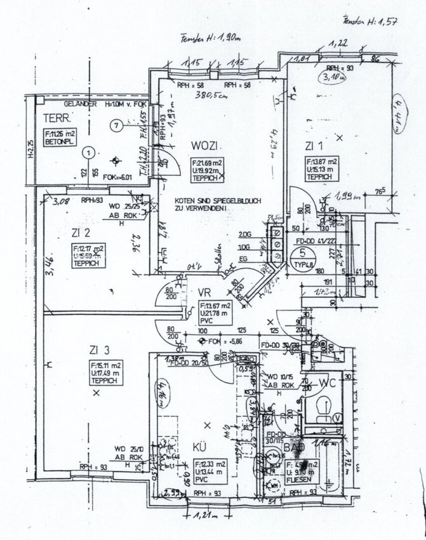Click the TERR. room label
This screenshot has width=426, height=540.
click(x=56, y=119)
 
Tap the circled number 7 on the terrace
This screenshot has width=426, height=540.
click(x=115, y=126)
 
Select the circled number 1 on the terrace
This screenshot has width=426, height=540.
click(x=91, y=152)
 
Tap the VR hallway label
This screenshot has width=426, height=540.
click(x=204, y=293)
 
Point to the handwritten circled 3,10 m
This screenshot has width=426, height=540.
click(x=331, y=79)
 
